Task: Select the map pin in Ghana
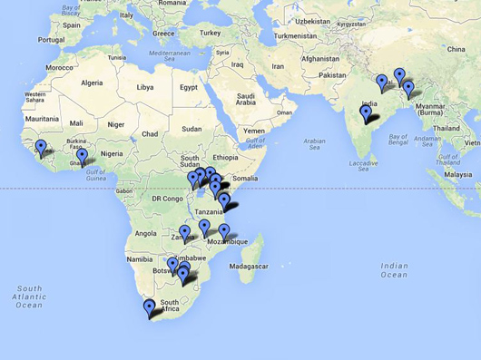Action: [x=83, y=155]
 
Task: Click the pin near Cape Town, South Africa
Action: [x=150, y=306]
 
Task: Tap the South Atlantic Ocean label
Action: [x=28, y=297]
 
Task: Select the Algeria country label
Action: [x=93, y=83]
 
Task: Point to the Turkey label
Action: [x=211, y=33]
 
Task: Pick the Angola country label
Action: [x=145, y=233]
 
